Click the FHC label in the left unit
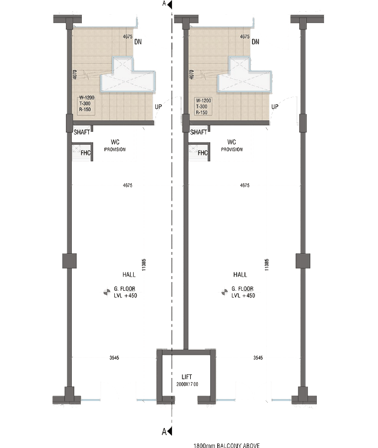pos(86,154)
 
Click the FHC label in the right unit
pos(203,154)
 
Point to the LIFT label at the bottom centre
pos(187,377)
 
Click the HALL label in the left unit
pos(127,274)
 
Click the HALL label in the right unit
pos(241,274)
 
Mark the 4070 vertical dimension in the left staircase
pos(75,75)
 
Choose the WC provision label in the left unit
pos(115,145)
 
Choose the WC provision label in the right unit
pos(232,145)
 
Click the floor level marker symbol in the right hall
pos(224,291)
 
